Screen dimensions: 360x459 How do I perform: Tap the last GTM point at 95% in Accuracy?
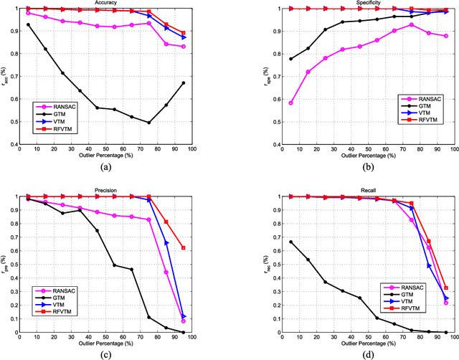click(x=204, y=83)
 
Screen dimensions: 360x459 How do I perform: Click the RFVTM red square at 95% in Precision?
click(x=204, y=248)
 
